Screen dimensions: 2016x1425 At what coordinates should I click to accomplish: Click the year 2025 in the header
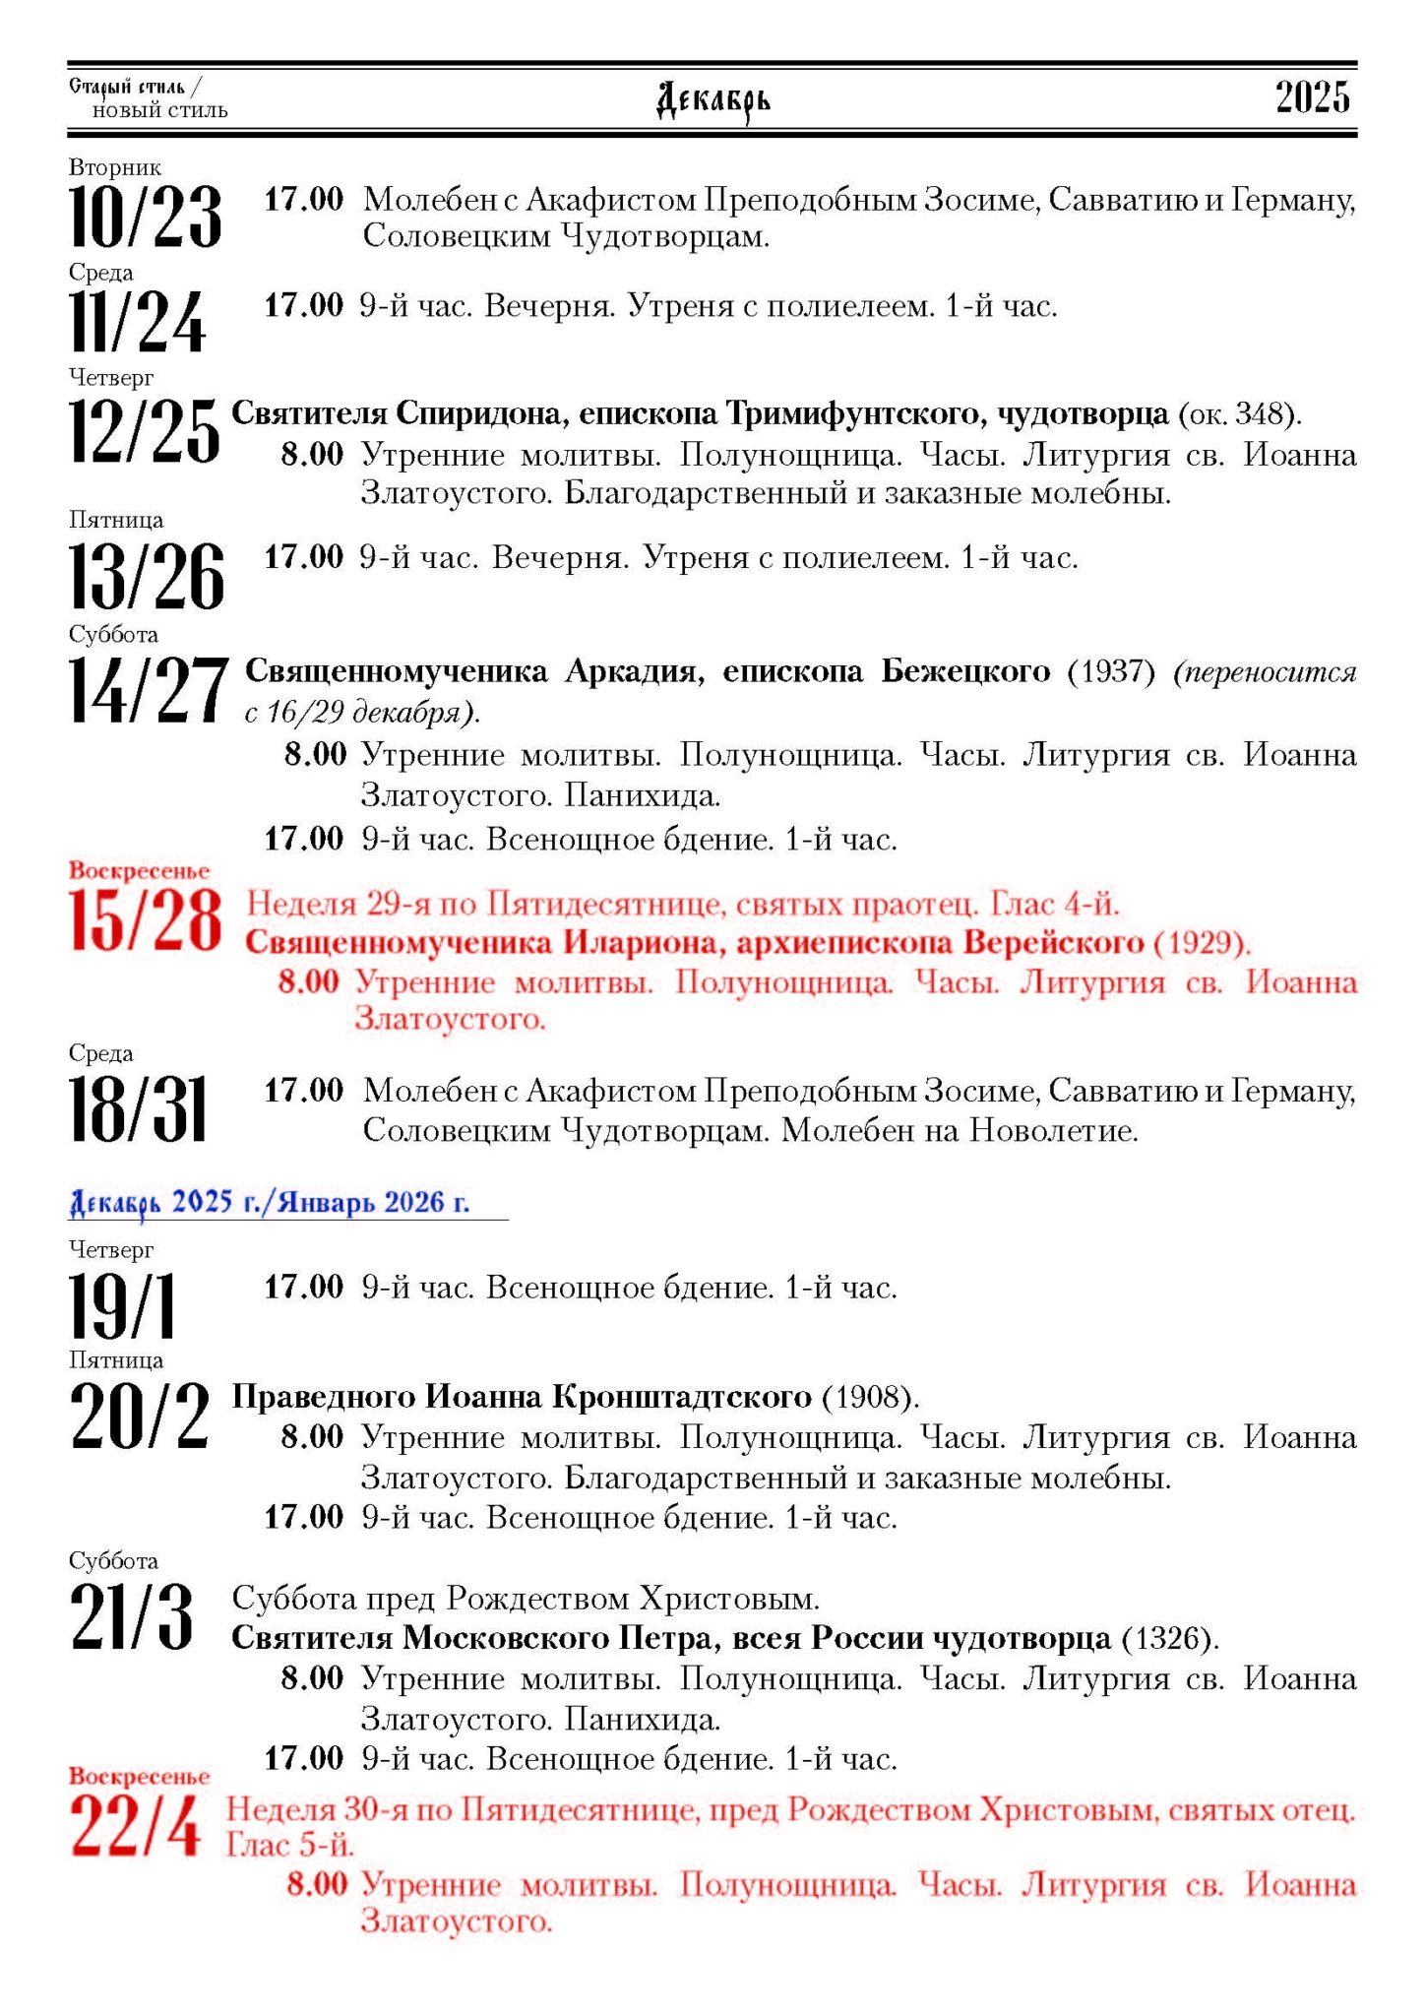[x=1313, y=97]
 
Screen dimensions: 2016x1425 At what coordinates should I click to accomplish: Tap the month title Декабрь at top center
[x=713, y=100]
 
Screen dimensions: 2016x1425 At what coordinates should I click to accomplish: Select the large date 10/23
[x=146, y=217]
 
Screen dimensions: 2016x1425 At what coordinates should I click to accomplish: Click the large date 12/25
[x=145, y=430]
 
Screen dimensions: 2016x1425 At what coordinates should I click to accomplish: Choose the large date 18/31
[x=138, y=1108]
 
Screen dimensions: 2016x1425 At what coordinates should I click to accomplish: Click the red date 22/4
[x=136, y=1826]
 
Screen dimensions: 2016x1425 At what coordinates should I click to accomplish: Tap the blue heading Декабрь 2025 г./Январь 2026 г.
[x=270, y=1202]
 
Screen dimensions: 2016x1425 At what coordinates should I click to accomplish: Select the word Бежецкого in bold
[x=965, y=671]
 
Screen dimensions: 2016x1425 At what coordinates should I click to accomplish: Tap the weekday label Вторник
[x=115, y=168]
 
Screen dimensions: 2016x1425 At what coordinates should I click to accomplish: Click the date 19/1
[x=123, y=1305]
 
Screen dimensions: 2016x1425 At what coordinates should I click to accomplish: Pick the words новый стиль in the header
[x=160, y=110]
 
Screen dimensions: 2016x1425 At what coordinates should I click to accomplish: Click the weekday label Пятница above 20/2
[x=116, y=1359]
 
